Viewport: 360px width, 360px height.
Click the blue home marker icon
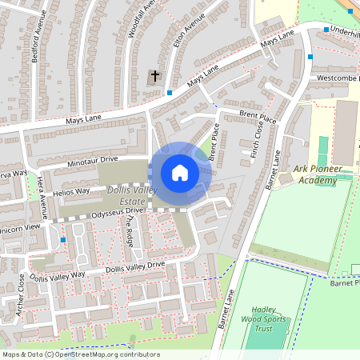(180, 173)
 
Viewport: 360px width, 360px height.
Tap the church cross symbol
(155, 77)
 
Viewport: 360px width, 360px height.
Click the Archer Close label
(20, 294)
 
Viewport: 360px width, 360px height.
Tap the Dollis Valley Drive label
(135, 266)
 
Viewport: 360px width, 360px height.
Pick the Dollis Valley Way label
(57, 276)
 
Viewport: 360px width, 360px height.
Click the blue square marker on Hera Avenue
(62, 240)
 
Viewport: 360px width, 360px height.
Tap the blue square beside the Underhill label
(326, 30)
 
